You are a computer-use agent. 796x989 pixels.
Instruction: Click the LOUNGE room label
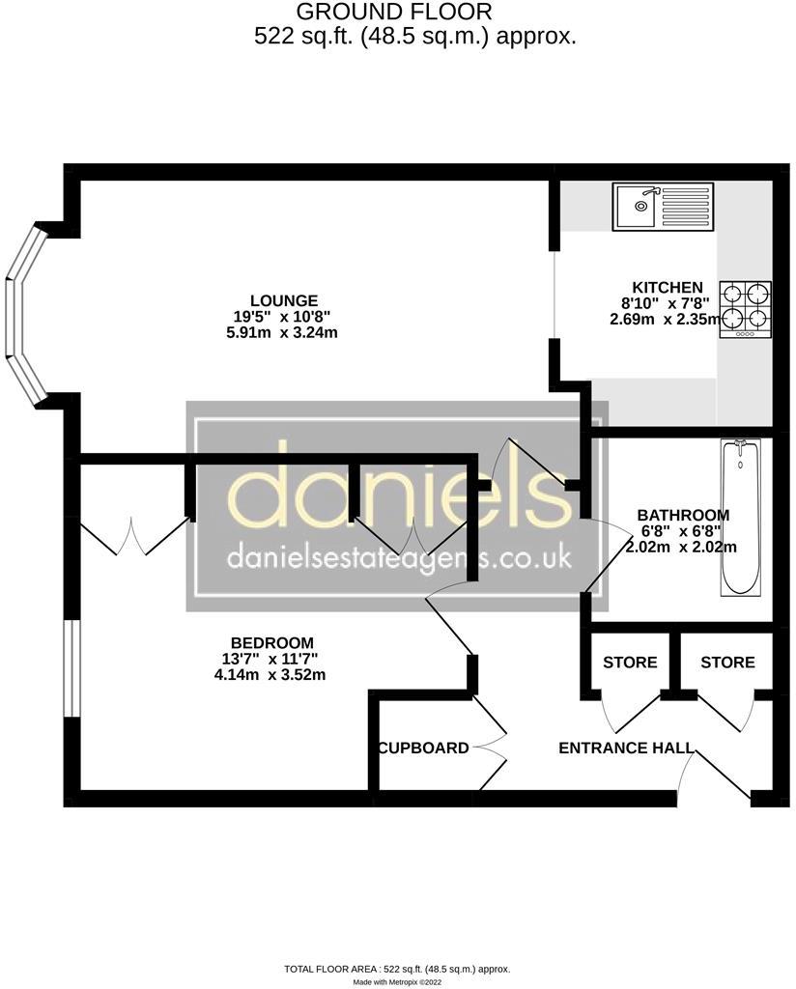pyautogui.click(x=284, y=301)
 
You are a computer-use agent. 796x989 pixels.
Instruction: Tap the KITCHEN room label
pyautogui.click(x=668, y=288)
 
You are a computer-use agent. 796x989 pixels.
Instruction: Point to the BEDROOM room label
pyautogui.click(x=271, y=642)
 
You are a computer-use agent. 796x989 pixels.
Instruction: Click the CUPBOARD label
pyautogui.click(x=424, y=749)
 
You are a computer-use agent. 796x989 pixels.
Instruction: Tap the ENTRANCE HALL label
pyautogui.click(x=626, y=749)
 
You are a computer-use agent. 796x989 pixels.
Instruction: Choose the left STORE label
pyautogui.click(x=630, y=663)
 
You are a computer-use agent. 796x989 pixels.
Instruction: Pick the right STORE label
pyautogui.click(x=727, y=663)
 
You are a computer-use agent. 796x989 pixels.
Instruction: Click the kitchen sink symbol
pyautogui.click(x=663, y=207)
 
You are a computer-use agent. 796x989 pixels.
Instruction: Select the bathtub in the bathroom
pyautogui.click(x=741, y=519)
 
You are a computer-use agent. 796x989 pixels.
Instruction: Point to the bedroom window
pyautogui.click(x=72, y=668)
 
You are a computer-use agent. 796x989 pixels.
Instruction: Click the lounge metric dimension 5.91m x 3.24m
pyautogui.click(x=282, y=332)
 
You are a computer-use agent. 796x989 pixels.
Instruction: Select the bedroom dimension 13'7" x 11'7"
pyautogui.click(x=270, y=659)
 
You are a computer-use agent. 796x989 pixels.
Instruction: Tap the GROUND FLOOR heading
pyautogui.click(x=393, y=12)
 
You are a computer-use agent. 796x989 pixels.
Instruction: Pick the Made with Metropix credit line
pyautogui.click(x=397, y=982)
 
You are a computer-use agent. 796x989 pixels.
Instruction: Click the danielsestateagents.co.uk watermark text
pyautogui.click(x=399, y=557)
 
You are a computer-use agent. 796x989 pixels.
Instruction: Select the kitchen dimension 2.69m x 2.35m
pyautogui.click(x=666, y=319)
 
